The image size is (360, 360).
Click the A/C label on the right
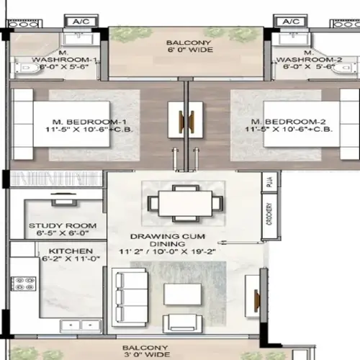pos(291,22)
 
